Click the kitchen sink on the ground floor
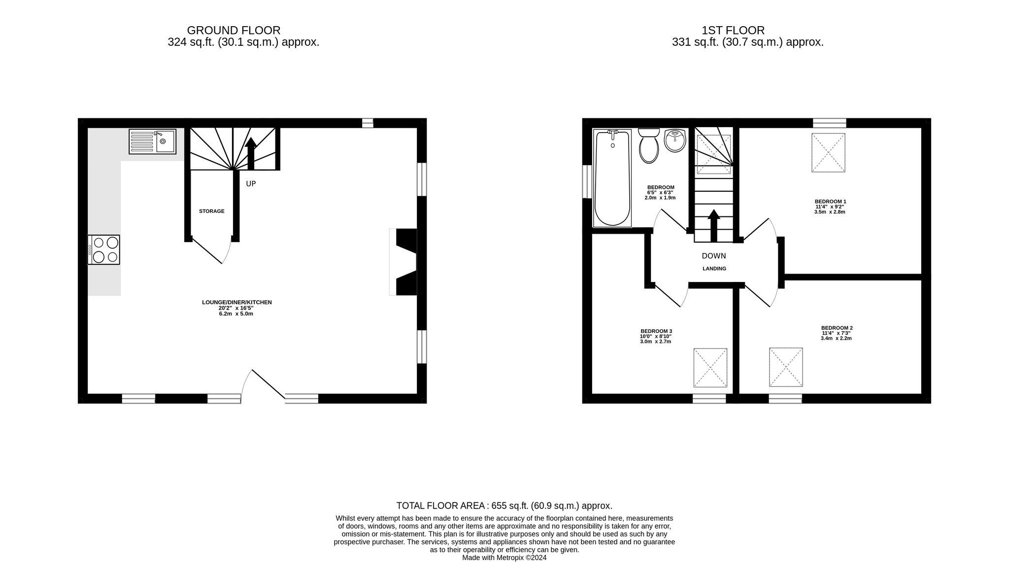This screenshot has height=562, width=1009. pos(152,141)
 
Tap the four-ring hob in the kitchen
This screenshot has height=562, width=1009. pos(103,249)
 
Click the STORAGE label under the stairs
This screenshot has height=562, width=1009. pos(212,211)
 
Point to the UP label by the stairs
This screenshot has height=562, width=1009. pos(251,184)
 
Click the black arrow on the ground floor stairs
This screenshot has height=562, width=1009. pos(251,153)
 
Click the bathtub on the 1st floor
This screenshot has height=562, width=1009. pos(612,178)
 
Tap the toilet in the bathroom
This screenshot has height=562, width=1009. pos(649,145)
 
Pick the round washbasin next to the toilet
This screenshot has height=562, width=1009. pos(674,141)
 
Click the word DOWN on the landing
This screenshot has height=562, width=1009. pos(714,256)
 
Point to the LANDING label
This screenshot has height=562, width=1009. pos(714,269)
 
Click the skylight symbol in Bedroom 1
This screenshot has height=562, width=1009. pos(828,153)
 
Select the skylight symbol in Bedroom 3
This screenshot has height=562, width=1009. pos(710,368)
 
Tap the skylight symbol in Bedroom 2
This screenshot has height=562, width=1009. pos(786,367)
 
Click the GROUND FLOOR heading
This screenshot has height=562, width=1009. pos(234,31)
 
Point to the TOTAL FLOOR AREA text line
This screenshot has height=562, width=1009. pos(504,505)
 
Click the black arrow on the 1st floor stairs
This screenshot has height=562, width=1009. pos(713,225)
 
